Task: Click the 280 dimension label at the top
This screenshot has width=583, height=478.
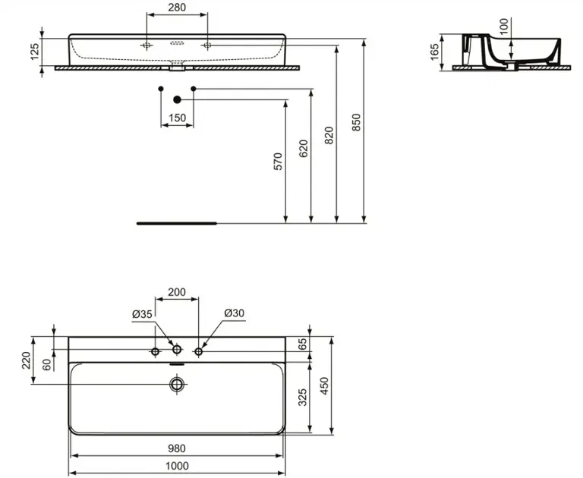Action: point(177,8)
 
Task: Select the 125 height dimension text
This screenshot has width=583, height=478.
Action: point(34,52)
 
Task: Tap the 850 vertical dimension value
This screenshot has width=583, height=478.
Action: point(356,122)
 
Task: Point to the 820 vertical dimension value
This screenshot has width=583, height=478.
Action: point(329,135)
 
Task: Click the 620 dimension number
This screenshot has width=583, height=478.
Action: point(304,148)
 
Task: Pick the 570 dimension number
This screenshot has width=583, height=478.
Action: point(278,162)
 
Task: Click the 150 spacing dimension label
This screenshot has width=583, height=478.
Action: point(177,118)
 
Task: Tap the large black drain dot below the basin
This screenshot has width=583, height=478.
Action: point(178,99)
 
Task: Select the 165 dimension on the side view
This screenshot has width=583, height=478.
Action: point(434,52)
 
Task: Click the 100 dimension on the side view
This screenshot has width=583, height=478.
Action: point(503,27)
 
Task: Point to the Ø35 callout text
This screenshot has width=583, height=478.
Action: point(142,314)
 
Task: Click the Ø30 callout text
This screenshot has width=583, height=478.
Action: point(235,313)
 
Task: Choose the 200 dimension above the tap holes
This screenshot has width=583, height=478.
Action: point(177,292)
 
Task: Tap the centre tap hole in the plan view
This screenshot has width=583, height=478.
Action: point(177,349)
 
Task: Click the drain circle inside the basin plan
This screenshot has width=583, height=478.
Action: point(177,385)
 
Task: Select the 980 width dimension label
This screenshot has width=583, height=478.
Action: point(176,448)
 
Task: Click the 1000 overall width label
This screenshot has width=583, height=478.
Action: point(177,466)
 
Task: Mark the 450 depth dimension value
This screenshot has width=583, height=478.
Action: point(324,386)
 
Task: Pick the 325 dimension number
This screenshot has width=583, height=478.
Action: point(303,398)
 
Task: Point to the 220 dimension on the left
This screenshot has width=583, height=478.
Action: point(26,360)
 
